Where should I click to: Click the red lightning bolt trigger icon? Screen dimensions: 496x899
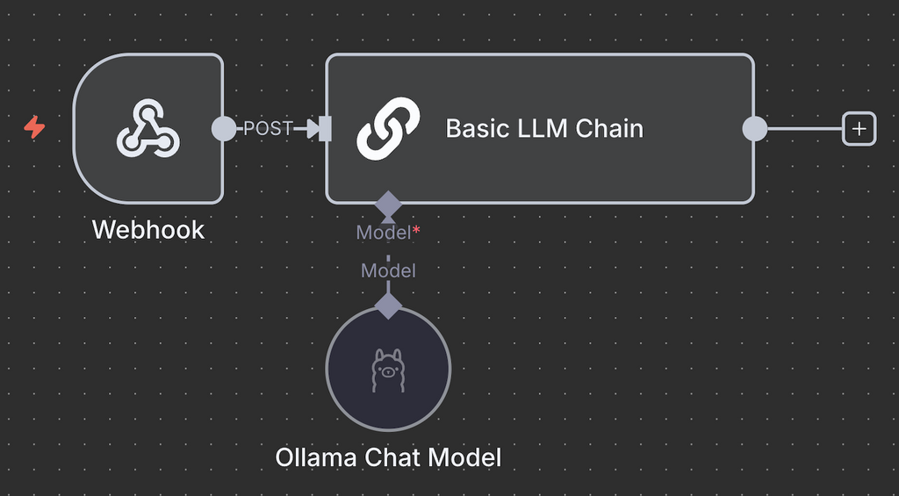point(34,128)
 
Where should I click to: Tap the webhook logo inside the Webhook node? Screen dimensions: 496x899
point(148,128)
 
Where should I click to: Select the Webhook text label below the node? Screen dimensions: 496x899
point(148,230)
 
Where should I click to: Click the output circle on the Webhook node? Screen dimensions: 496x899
point(225,129)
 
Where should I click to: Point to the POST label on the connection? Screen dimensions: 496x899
point(267,129)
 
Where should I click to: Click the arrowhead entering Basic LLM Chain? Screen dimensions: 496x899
point(311,129)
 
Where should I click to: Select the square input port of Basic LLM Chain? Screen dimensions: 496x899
point(326,129)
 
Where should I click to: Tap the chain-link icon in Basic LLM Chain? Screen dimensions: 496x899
point(387,129)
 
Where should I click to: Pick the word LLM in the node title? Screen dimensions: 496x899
point(544,129)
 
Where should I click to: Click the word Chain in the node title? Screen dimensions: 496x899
point(609,129)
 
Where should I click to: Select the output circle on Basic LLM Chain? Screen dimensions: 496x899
point(754,129)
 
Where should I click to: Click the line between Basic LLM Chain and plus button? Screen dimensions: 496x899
point(803,129)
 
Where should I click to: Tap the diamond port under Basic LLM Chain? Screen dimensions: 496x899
point(388,205)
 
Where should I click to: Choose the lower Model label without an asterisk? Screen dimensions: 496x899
point(388,271)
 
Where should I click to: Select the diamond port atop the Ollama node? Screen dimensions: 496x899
point(388,305)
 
